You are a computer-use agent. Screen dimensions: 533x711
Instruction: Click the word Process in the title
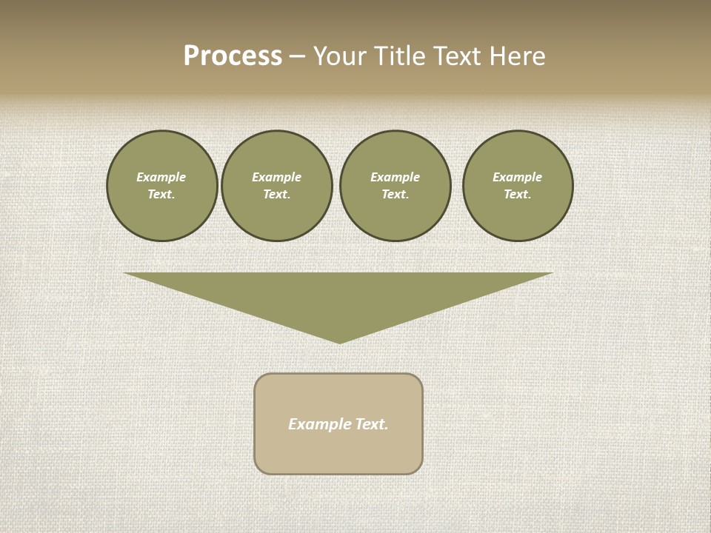tap(233, 56)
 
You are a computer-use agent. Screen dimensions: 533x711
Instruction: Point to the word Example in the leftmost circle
tap(161, 177)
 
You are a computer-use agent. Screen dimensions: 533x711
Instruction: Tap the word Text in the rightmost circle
tap(517, 194)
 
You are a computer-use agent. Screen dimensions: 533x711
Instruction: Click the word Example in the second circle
tap(276, 177)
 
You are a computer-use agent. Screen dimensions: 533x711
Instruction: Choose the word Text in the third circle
tap(395, 194)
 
